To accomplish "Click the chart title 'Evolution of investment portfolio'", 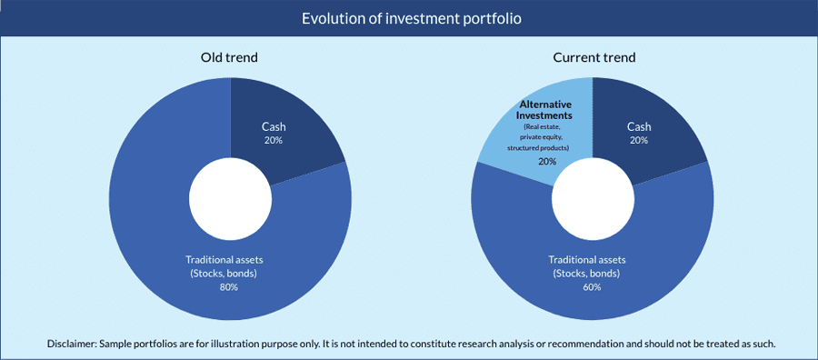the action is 412,19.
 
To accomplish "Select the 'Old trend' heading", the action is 230,57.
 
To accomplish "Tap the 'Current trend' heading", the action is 594,57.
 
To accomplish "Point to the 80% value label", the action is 229,287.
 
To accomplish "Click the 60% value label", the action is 592,287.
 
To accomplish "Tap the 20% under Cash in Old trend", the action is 274,140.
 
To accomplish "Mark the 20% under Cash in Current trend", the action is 639,140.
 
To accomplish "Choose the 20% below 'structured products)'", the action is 547,162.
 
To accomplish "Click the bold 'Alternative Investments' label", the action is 545,110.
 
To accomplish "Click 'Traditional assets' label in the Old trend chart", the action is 229,259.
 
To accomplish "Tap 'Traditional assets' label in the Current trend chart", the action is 592,259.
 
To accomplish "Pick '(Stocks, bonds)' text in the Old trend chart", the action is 229,274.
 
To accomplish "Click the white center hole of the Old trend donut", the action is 230,199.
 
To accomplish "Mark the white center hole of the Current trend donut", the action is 594,199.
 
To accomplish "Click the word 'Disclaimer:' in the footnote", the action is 72,344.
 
